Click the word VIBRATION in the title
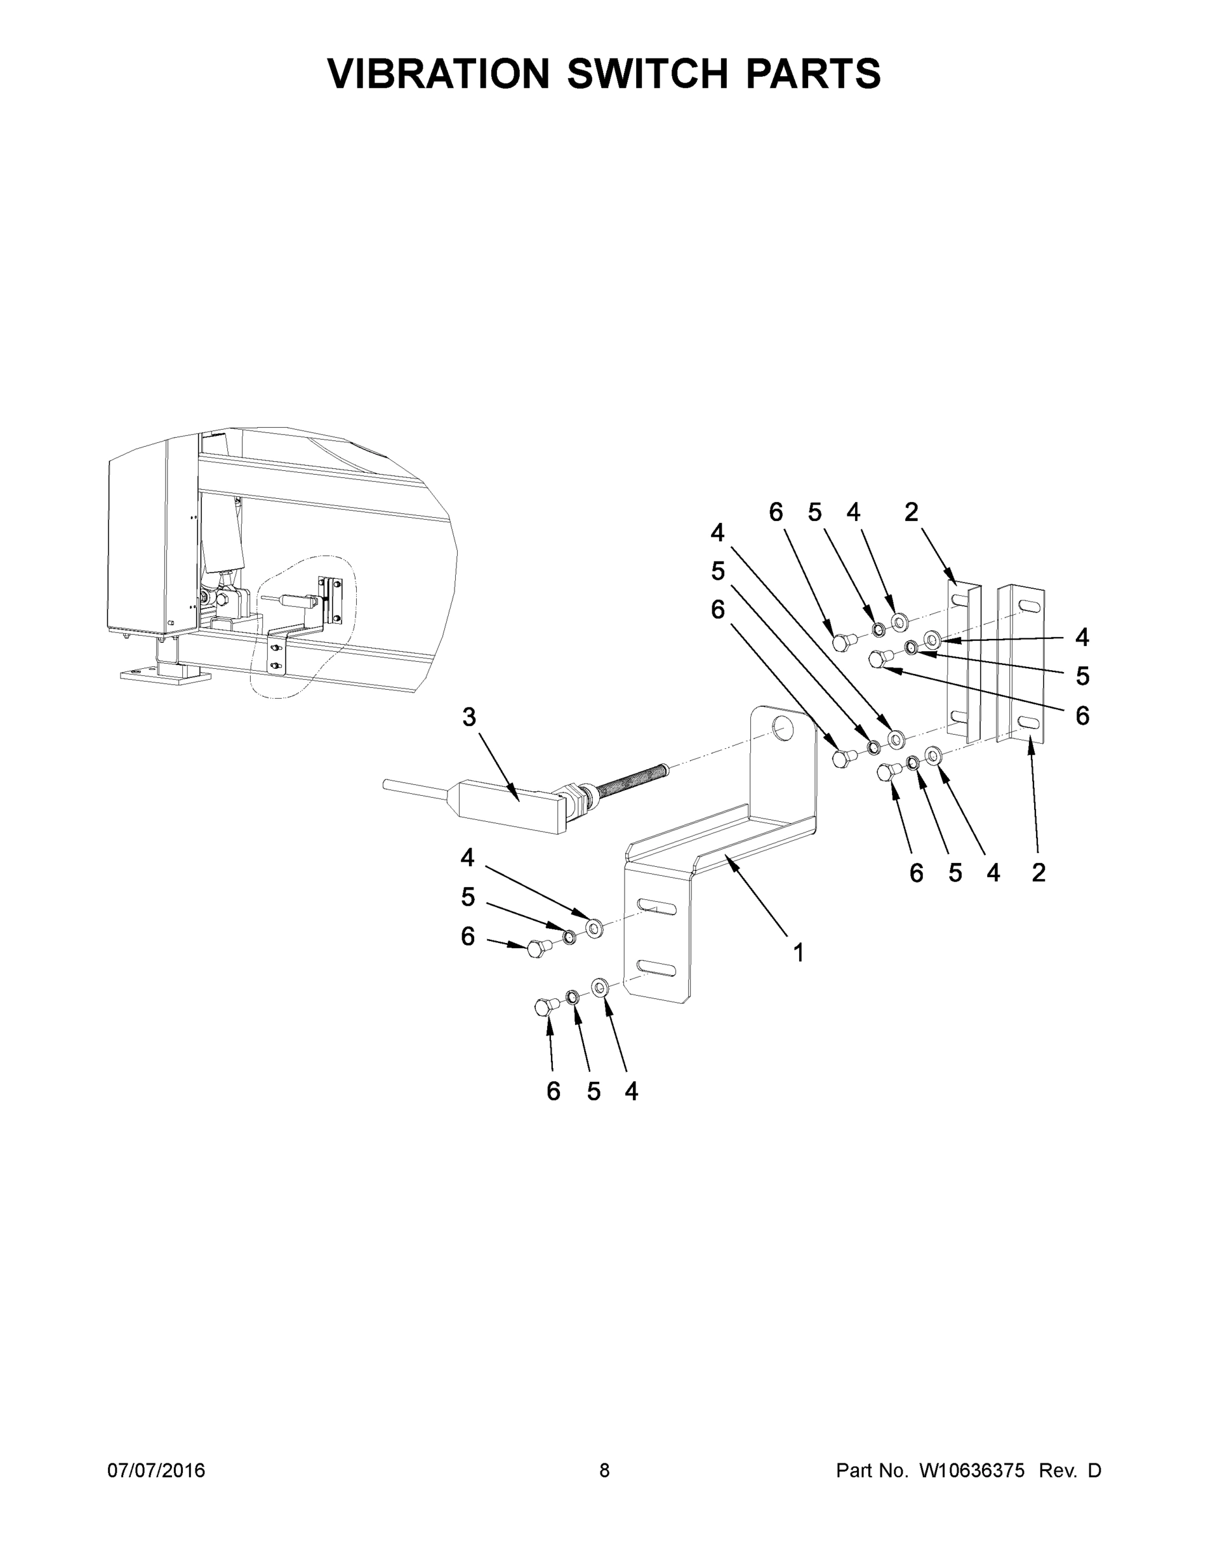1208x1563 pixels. [x=438, y=74]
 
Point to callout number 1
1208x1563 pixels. [x=798, y=953]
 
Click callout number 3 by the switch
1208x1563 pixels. [x=469, y=716]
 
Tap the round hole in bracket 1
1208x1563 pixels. [x=782, y=730]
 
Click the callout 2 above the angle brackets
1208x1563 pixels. [x=911, y=512]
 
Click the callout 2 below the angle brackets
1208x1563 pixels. [x=1039, y=873]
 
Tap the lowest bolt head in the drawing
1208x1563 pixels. [x=543, y=1007]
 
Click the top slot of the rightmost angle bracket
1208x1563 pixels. [x=1028, y=606]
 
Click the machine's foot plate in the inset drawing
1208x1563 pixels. [x=165, y=675]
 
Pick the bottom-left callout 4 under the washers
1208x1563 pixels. [x=630, y=1091]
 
